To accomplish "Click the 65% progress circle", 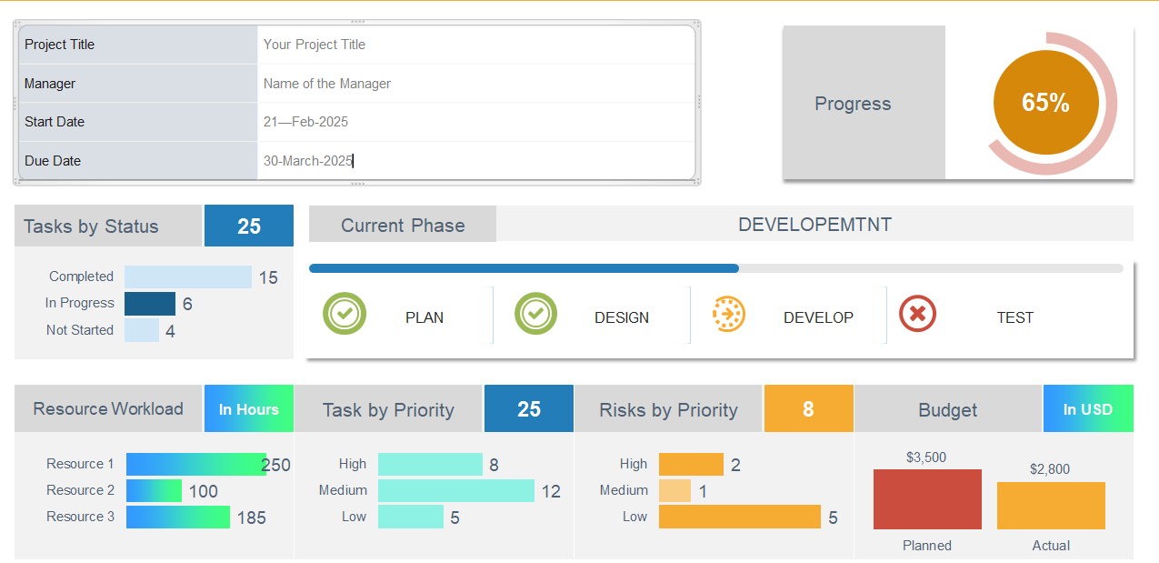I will tap(1045, 103).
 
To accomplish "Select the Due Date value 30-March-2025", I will tap(307, 161).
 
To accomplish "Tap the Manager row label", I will tap(50, 84).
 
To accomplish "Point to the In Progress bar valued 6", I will tap(150, 304).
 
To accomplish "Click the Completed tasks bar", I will tap(187, 277).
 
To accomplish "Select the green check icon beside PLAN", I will tap(345, 314).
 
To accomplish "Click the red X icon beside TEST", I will tap(917, 314).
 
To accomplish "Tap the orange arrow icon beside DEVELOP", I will tap(728, 314).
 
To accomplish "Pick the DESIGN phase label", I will tap(622, 318).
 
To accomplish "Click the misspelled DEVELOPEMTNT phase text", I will tap(814, 225).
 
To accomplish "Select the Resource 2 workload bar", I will tap(154, 491).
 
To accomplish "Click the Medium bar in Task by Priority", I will tap(455, 491).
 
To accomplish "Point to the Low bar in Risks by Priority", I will tap(739, 518).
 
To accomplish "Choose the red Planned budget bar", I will tap(927, 499).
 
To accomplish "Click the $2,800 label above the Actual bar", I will tap(1050, 469).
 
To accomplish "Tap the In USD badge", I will tap(1088, 409).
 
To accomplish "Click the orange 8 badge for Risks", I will tap(808, 409).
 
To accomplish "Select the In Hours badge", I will tap(248, 409).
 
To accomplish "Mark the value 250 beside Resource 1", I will tap(275, 466).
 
